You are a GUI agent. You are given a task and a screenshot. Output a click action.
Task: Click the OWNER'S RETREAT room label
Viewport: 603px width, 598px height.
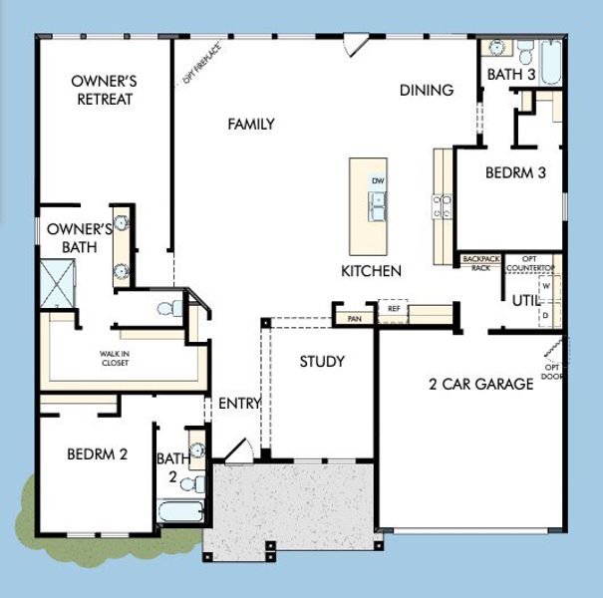point(104,90)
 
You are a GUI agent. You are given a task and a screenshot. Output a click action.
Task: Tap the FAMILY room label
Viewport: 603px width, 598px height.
point(251,124)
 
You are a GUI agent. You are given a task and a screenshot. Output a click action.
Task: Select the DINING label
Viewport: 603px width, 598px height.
point(427,90)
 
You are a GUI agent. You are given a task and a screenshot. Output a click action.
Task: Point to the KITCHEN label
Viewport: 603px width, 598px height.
point(371,271)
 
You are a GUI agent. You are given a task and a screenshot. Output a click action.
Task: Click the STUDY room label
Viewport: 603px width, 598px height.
point(322,361)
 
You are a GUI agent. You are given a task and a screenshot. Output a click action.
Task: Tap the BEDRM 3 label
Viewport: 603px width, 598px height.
point(515,172)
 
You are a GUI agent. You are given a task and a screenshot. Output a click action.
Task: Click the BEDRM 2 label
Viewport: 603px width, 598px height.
point(97,453)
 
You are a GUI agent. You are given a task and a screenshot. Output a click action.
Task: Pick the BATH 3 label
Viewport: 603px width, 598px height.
point(509,75)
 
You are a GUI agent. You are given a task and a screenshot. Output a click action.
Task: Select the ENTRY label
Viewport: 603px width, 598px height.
point(238,403)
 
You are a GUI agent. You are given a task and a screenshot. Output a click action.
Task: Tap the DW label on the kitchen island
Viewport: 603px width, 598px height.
point(377,180)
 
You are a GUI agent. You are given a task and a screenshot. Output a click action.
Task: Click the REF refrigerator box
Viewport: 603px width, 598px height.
point(394,309)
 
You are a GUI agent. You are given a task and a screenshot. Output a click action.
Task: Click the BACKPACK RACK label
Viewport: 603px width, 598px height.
point(480,262)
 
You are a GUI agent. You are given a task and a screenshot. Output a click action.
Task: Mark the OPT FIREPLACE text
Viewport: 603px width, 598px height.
point(201,62)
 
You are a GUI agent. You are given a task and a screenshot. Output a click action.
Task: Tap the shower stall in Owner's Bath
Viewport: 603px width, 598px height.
point(59,283)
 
